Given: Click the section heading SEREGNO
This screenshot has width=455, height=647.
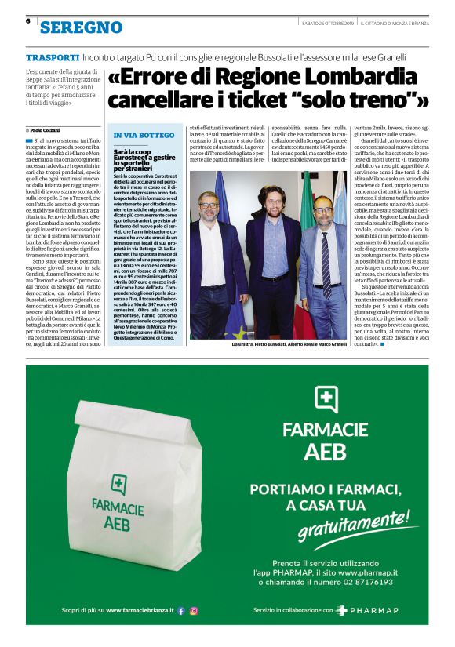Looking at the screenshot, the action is click(82, 27).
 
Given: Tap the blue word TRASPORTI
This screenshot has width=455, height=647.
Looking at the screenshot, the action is click(53, 59).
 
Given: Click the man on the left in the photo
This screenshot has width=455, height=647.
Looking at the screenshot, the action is click(212, 259).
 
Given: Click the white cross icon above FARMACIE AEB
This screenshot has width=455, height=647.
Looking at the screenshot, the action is click(326, 399).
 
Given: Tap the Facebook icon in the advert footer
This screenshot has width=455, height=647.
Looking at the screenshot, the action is click(181, 610).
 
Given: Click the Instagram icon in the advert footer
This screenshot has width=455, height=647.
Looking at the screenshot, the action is click(194, 610).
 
